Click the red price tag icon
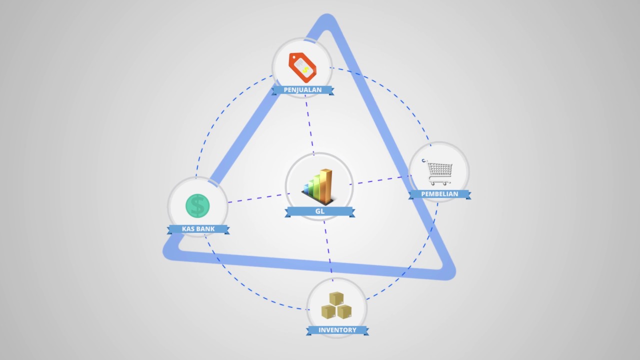302,67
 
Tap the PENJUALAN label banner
302,90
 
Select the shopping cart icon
439,172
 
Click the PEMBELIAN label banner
439,194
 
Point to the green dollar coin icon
197,205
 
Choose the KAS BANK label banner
198,229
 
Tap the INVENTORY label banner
337,330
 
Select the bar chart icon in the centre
319,186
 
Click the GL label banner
320,211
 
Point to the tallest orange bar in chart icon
326,186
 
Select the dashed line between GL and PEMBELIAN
380,180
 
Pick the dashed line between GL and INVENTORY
328,247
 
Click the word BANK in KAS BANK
206,229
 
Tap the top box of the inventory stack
336,298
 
